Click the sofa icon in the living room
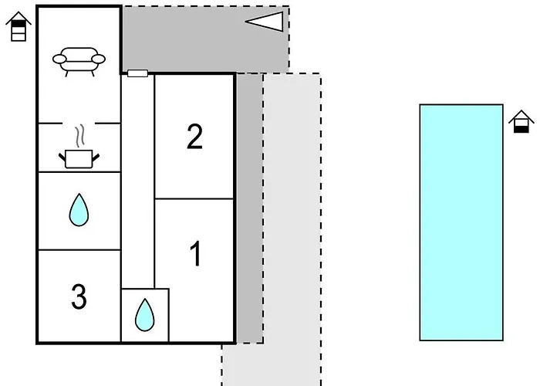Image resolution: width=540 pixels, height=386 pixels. click(79, 60)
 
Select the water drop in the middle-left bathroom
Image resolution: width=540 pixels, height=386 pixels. click(79, 210)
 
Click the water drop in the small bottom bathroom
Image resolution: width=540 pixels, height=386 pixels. click(144, 314)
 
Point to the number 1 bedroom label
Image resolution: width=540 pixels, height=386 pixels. click(195, 255)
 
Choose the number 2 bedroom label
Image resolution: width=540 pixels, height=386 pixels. click(194, 137)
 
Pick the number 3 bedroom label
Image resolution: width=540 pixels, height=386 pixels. click(79, 296)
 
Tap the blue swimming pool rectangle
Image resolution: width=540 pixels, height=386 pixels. click(461, 222)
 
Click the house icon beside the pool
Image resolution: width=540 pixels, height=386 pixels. click(521, 121)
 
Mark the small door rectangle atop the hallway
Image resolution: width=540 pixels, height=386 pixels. click(137, 73)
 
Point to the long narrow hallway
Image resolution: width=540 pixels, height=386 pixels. click(138, 178)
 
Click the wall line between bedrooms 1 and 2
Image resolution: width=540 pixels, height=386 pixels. click(195, 198)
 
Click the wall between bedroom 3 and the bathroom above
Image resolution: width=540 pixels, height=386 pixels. click(79, 250)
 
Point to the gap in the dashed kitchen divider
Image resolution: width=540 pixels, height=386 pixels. click(79, 123)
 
